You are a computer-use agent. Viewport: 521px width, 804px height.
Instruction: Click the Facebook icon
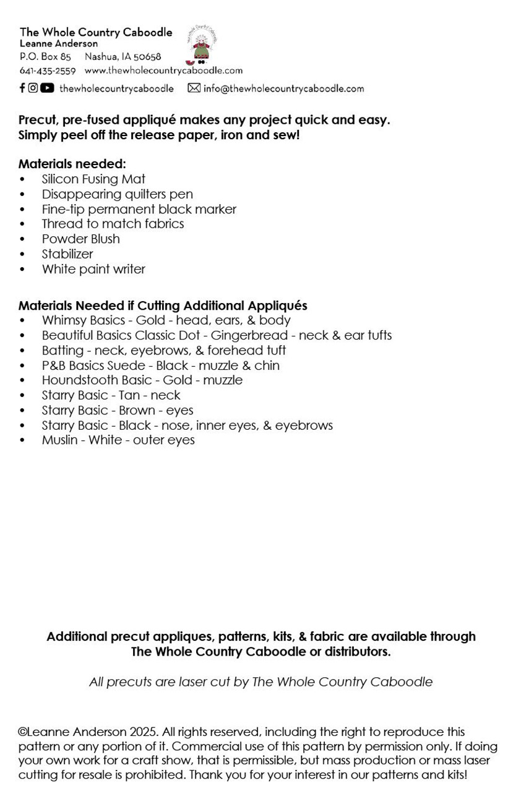pos(22,88)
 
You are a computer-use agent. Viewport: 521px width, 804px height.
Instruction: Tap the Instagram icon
pos(33,88)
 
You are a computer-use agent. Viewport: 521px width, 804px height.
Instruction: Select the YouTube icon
pos(47,88)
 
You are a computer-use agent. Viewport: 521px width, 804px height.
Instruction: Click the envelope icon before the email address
pos(194,88)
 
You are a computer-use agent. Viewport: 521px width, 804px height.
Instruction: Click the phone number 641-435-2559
pos(48,71)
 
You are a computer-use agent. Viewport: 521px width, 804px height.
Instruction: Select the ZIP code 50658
pos(147,57)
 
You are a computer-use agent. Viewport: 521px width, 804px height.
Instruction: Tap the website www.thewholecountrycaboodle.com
pos(163,71)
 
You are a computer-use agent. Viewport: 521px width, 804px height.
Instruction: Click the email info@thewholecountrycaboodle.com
pos(283,88)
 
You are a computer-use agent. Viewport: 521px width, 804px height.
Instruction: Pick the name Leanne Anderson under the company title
pos(59,44)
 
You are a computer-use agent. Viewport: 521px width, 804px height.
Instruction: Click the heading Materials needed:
pos(72,164)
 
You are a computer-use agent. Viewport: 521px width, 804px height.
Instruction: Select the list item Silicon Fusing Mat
pos(93,179)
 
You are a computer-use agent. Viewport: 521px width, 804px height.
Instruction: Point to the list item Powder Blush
pos(80,239)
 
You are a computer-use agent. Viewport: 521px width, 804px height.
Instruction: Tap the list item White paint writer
pos(93,269)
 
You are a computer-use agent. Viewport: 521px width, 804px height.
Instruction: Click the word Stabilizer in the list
pos(67,254)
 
